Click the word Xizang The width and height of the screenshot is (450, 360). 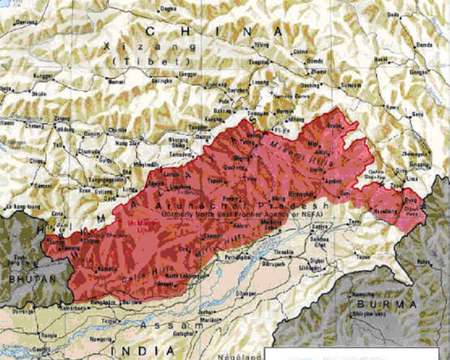(x=119, y=42)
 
